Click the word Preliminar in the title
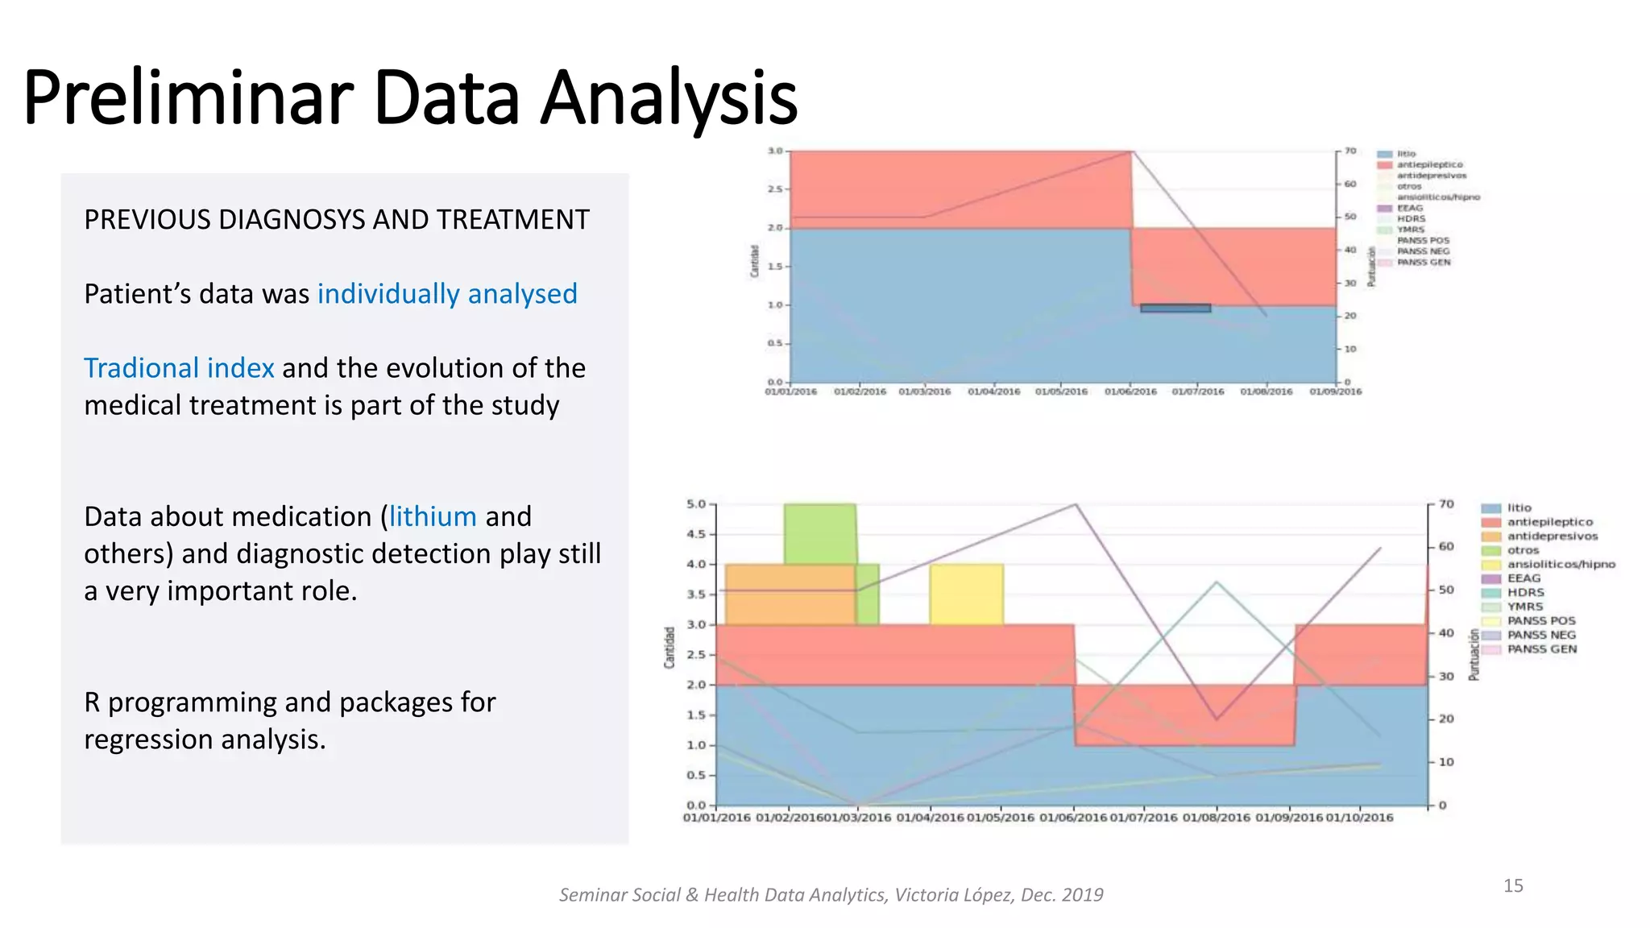188,98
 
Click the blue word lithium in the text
433,516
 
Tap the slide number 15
1513,885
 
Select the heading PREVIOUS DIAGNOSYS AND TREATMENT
337,219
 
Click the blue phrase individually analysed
447,294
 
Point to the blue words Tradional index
179,368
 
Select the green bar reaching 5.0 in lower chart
820,533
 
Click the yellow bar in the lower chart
966,594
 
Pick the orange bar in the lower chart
790,594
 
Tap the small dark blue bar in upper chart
1175,309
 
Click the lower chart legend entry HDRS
1525,592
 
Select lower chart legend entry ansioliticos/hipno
1561,564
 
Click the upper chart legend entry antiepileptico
1429,164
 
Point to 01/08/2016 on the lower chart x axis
1216,817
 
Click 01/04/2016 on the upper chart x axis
993,391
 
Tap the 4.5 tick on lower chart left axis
695,534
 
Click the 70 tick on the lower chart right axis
1446,504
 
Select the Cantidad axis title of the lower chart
669,647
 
